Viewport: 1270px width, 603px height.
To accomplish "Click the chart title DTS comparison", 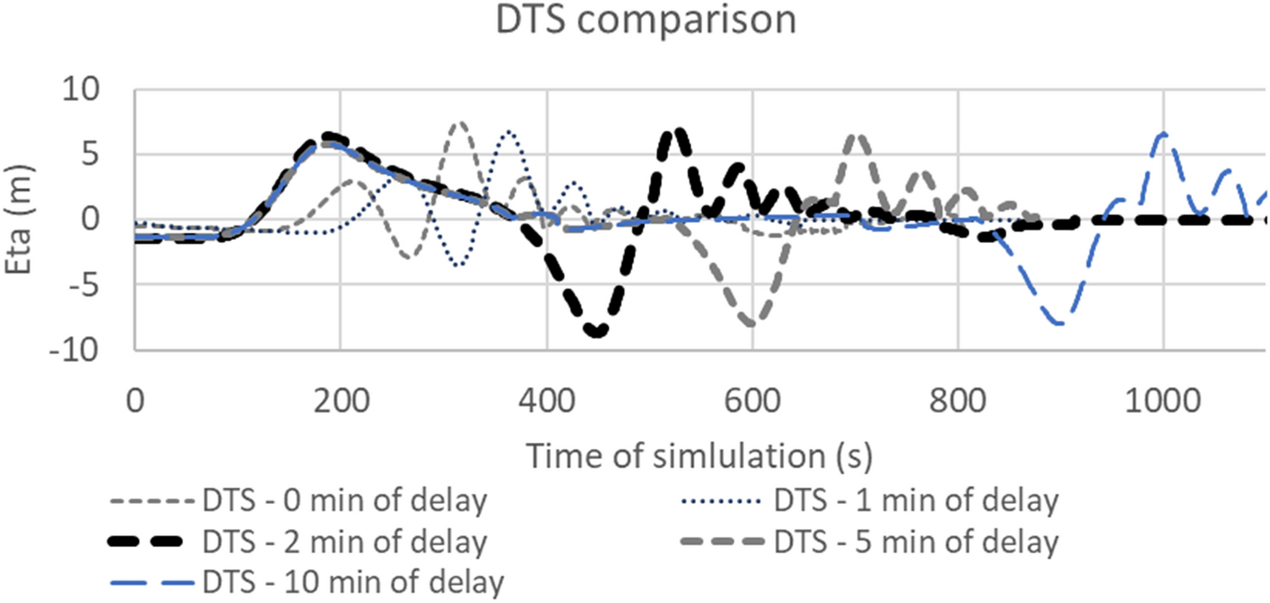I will coord(645,20).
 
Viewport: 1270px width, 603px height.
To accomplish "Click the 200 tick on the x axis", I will coord(340,398).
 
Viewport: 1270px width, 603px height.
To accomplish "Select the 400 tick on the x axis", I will coord(546,398).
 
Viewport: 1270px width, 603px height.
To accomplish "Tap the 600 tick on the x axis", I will coord(752,398).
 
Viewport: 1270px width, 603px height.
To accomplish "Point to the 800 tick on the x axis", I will coord(958,398).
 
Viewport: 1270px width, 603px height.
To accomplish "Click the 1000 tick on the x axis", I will coord(1163,398).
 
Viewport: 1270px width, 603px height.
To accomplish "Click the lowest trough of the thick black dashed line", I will coord(598,332).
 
